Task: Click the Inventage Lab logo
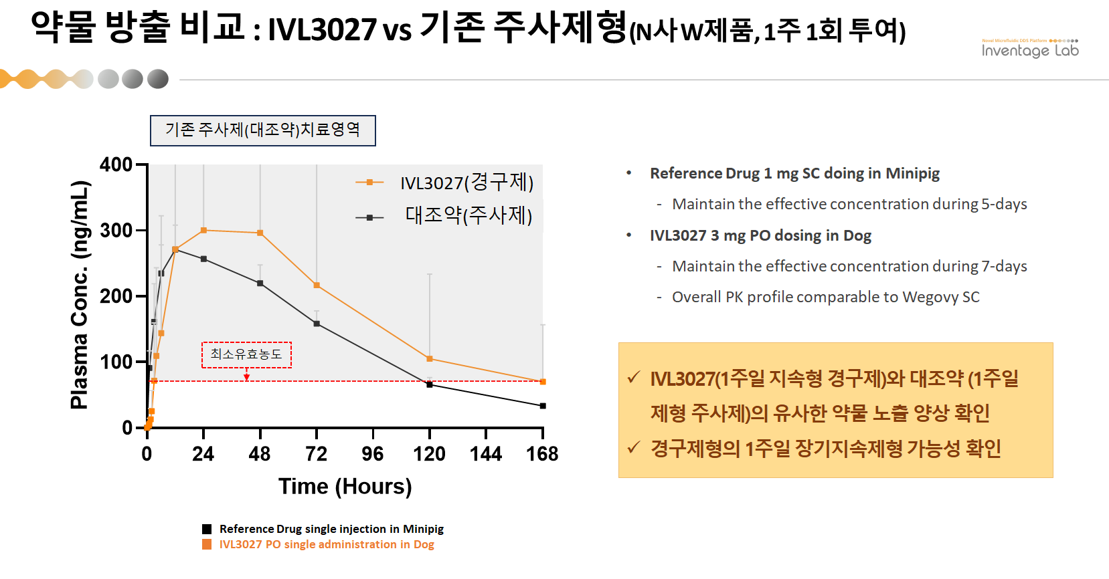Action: click(1029, 49)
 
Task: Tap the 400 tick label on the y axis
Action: click(116, 164)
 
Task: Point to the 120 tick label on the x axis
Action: click(429, 455)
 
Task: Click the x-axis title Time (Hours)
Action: click(345, 486)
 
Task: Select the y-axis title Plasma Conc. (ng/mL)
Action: click(80, 295)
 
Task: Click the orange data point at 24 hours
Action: click(203, 231)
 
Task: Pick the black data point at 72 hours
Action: click(317, 324)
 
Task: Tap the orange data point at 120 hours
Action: click(430, 359)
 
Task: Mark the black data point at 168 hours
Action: click(543, 406)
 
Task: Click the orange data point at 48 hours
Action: click(260, 233)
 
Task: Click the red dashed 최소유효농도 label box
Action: click(246, 354)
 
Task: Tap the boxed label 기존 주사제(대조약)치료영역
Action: click(262, 130)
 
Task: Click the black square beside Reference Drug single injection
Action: click(207, 529)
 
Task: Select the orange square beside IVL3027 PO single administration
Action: click(207, 544)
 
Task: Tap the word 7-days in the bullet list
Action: click(1004, 266)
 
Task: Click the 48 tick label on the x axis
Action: click(260, 455)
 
